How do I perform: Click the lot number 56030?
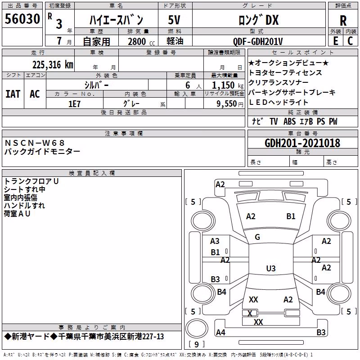point(22,19)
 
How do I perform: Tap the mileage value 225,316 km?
point(53,65)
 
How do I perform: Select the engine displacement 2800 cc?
point(141,41)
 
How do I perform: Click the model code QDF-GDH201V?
point(258,41)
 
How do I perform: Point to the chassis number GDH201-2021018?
point(302,143)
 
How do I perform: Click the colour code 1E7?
point(74,104)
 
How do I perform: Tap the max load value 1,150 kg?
point(227,85)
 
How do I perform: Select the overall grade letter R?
point(343,21)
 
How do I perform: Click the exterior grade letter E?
point(336,41)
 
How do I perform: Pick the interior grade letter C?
point(350,41)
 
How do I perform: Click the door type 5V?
point(174,20)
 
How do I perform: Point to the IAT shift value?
point(13,94)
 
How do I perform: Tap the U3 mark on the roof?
point(271,268)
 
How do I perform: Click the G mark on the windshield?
point(257,237)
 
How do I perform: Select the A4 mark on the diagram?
point(220,332)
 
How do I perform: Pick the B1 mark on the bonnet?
point(291,216)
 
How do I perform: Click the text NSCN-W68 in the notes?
point(35,143)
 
